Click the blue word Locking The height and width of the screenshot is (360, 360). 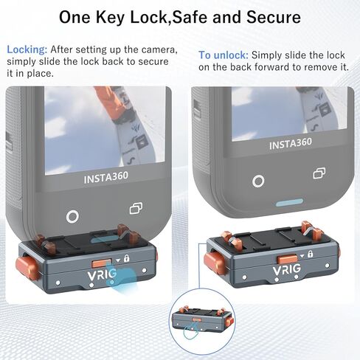(27, 50)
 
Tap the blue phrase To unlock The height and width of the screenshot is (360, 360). (224, 55)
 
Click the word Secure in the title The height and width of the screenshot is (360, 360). (274, 17)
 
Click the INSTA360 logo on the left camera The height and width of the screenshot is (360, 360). (106, 178)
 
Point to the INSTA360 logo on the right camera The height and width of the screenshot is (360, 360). (291, 144)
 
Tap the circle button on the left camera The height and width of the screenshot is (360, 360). (72, 217)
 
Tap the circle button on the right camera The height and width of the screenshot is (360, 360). (258, 181)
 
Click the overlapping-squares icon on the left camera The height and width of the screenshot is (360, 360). (136, 208)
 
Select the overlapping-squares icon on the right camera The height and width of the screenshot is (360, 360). (319, 173)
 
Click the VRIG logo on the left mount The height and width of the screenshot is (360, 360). (102, 274)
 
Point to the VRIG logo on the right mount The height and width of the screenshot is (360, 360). (287, 269)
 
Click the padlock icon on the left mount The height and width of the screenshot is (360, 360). (127, 258)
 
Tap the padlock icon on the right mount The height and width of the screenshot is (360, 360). (311, 254)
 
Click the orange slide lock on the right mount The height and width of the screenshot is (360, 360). (287, 259)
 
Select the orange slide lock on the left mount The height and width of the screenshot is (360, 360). (102, 263)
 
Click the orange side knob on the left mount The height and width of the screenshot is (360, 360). (27, 268)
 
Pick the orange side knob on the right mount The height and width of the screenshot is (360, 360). (215, 263)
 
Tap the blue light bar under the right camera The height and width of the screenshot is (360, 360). (289, 203)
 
